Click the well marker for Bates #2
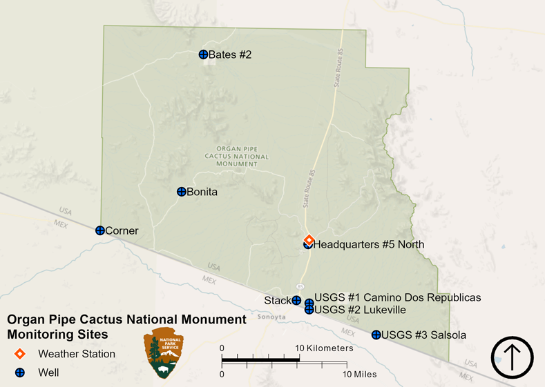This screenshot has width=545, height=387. click(203, 54)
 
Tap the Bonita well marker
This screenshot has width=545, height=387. click(181, 192)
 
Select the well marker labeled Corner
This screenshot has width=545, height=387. click(100, 230)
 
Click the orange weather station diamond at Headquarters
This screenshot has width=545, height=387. click(309, 239)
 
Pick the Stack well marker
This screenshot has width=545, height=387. click(296, 300)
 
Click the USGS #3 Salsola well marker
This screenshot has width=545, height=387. click(376, 335)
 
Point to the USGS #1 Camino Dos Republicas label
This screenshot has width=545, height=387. click(397, 297)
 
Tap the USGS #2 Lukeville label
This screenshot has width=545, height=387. click(360, 310)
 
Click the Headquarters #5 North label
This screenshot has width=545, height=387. click(369, 244)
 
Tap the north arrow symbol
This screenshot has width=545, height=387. click(512, 357)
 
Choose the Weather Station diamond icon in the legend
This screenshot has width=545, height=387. click(21, 354)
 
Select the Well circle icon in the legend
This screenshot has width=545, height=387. click(21, 373)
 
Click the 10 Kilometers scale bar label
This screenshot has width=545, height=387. click(325, 348)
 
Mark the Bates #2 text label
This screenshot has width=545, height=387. click(230, 54)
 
